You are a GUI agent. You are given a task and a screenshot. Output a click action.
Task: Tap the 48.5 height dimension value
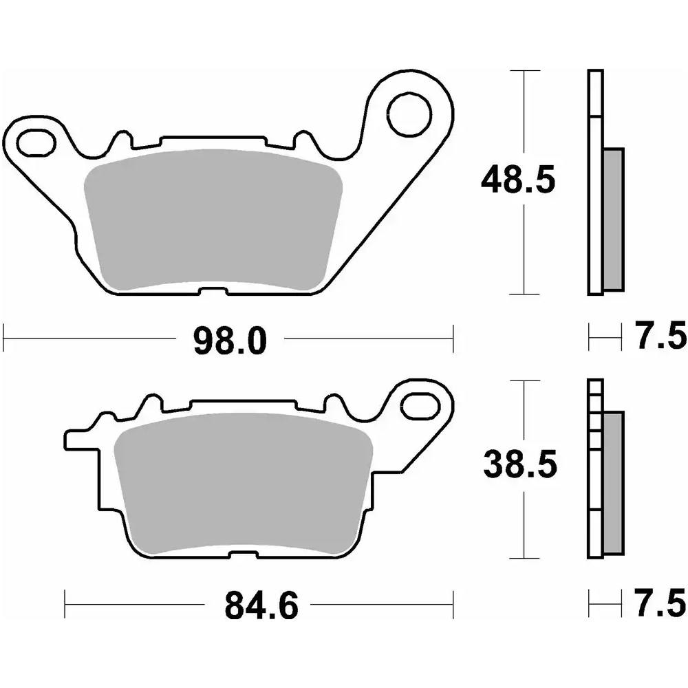[518, 180]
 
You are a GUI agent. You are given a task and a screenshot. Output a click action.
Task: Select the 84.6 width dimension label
[261, 605]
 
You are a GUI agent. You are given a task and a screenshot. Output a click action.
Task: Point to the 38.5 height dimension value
[520, 464]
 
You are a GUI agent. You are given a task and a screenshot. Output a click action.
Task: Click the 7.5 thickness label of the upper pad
[661, 336]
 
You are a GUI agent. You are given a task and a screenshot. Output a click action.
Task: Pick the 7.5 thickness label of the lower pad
[660, 603]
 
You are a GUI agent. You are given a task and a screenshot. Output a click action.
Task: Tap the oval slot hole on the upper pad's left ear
[36, 142]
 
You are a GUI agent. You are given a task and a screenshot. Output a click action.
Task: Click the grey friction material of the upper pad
[213, 219]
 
